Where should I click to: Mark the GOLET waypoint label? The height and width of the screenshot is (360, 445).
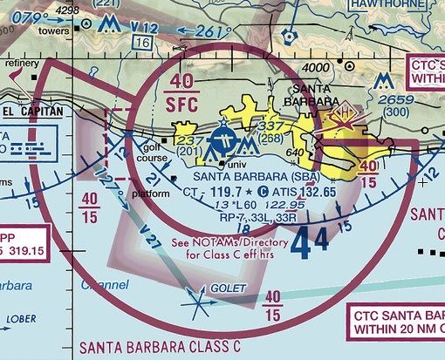point(228,289)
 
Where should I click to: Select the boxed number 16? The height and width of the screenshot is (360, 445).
point(144,42)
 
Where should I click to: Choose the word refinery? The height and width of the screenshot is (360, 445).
point(21,64)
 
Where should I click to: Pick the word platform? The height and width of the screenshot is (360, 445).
point(150,193)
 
